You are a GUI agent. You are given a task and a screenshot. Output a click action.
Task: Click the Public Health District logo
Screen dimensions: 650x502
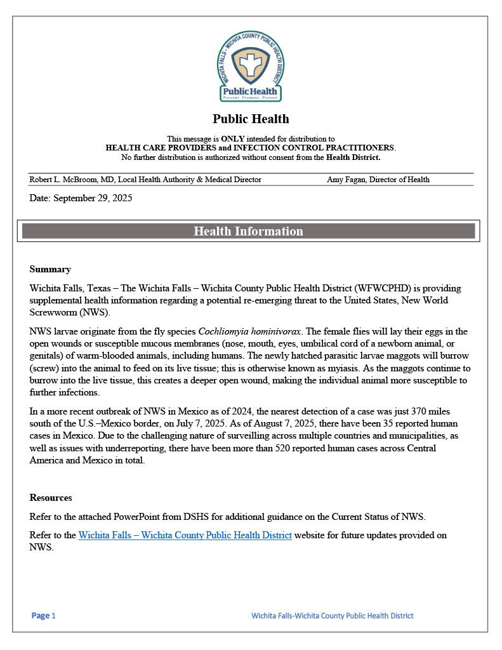tap(251, 67)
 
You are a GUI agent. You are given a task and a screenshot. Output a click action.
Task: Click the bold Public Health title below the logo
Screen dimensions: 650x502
tap(251, 119)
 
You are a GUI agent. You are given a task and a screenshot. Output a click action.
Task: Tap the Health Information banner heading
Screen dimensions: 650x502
tap(248, 231)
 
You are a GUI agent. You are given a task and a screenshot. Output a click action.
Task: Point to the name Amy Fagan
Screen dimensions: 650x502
tap(349, 180)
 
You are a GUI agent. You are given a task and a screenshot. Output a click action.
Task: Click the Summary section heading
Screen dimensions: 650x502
tap(50, 269)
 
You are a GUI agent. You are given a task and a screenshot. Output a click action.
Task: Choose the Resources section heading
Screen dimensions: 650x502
tap(51, 498)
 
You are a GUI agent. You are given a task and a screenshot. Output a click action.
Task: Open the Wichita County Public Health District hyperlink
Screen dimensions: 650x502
tap(185, 535)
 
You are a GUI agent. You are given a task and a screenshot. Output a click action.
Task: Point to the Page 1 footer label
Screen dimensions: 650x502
tap(44, 616)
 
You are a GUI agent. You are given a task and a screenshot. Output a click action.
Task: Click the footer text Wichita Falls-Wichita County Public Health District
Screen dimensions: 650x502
tap(332, 616)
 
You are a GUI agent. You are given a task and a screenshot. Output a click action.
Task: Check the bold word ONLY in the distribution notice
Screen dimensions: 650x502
tap(232, 138)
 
